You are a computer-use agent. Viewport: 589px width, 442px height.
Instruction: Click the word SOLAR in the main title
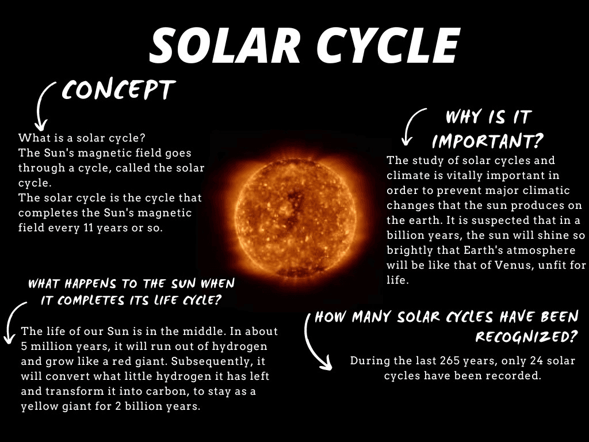coord(225,45)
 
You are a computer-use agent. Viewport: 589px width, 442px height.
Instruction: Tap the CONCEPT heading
coord(118,90)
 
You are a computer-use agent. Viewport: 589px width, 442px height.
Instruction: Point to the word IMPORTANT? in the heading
coord(488,140)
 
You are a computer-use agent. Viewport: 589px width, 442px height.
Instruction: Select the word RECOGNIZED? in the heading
coord(526,336)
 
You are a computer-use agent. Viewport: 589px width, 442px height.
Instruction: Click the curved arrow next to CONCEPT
coord(44,105)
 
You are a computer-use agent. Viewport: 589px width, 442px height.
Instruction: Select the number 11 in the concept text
coord(88,228)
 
